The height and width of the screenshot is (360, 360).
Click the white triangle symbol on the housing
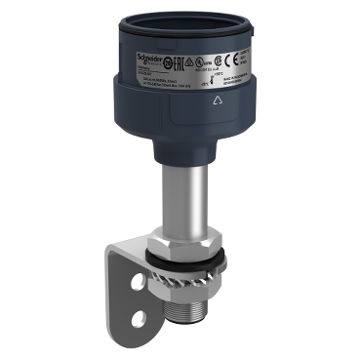[x=213, y=99]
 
